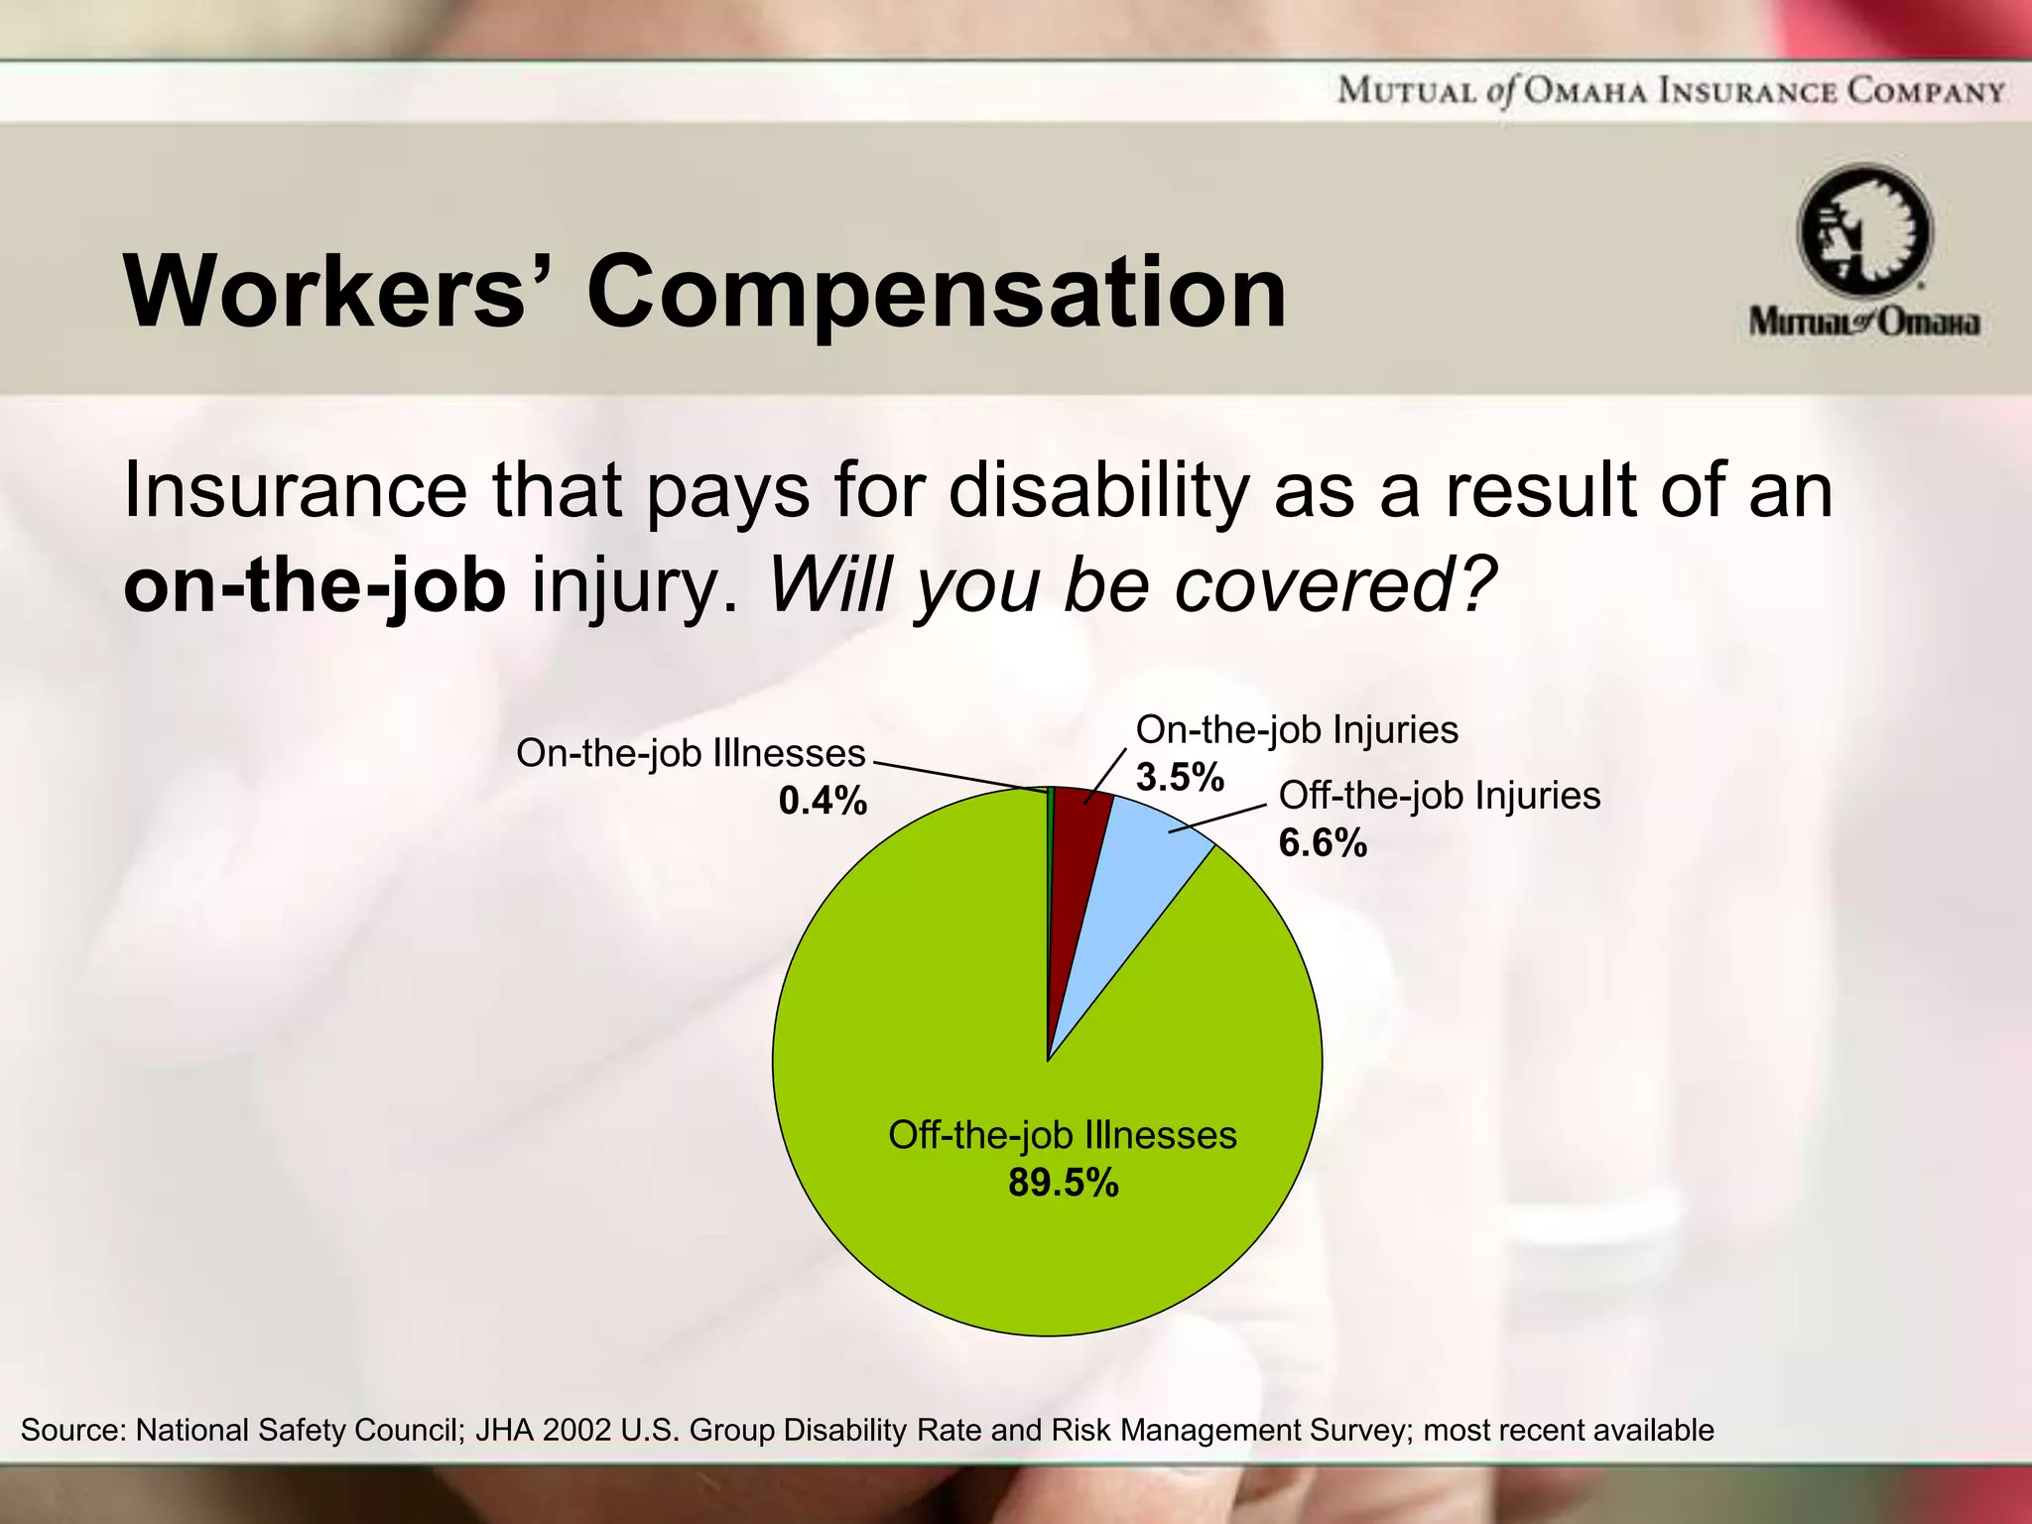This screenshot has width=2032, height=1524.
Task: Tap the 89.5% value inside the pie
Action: point(1063,1183)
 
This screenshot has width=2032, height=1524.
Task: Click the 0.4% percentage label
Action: point(823,800)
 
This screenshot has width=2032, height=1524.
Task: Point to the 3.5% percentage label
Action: point(1180,777)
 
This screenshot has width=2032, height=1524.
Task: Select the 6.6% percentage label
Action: point(1323,843)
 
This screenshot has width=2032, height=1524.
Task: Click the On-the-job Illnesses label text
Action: point(691,754)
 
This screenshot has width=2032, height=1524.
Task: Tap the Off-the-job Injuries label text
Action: point(1439,796)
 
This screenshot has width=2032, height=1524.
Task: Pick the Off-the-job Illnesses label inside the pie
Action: point(1062,1135)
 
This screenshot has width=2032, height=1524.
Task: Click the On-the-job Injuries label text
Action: point(1296,730)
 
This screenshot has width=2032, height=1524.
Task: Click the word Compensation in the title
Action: point(937,292)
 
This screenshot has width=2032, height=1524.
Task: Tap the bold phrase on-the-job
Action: point(315,585)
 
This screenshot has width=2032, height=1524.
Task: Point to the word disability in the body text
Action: point(1097,490)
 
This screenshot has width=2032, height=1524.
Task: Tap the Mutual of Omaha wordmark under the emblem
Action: point(1864,322)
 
